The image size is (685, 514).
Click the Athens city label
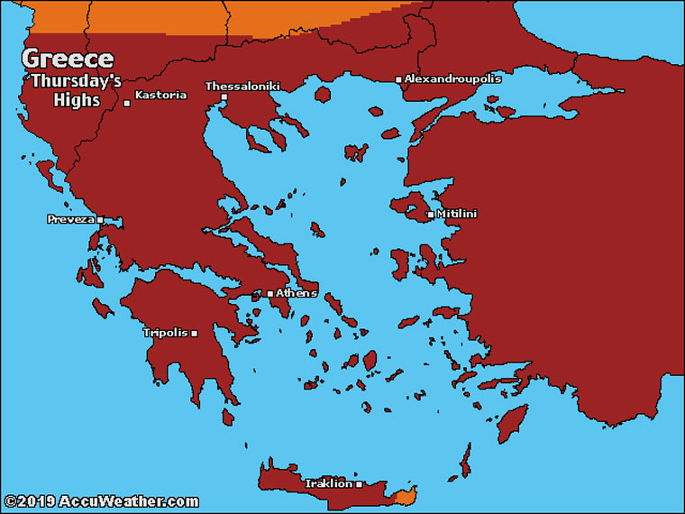[x=297, y=293]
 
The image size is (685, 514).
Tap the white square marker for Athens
[x=269, y=294]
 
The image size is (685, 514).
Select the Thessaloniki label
[x=242, y=87]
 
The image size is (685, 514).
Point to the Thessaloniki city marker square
[x=224, y=96]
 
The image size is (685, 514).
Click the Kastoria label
[x=160, y=95]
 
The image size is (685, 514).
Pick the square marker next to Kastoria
[x=127, y=103]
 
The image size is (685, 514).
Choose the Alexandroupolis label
[x=452, y=79]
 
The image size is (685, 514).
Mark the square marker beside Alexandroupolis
[x=398, y=80]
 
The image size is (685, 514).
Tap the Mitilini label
[x=456, y=214]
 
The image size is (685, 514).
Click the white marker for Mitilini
[x=429, y=215]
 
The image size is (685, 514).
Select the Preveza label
[x=70, y=219]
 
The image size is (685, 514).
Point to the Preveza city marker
[x=100, y=220]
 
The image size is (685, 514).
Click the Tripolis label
[x=166, y=333]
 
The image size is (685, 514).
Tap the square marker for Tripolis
[x=194, y=334]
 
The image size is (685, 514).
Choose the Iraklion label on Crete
[x=329, y=483]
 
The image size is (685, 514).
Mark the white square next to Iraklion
[x=359, y=484]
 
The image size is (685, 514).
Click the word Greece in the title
[x=68, y=60]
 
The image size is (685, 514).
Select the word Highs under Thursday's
[x=78, y=100]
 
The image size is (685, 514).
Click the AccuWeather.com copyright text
[x=100, y=501]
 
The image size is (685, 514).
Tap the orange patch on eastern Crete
[x=406, y=495]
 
